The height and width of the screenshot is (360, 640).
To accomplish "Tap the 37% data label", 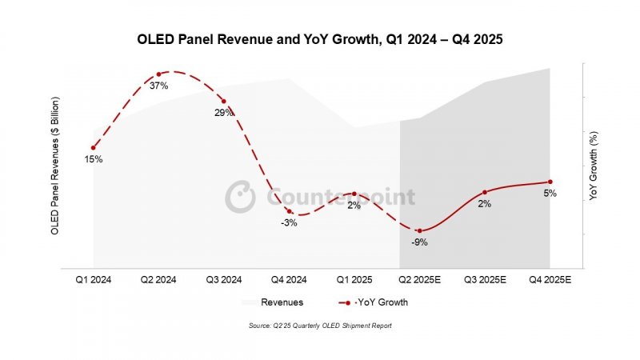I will pos(159,86).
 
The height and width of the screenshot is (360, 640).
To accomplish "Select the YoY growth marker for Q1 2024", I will pos(94,147).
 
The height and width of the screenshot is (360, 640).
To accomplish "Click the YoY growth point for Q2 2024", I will pos(158,74).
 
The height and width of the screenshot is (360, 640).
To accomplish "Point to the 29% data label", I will pos(224,113).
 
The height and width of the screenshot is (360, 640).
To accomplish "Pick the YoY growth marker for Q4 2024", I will pos(290,211).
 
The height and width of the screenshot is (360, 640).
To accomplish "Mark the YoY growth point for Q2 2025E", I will pos(418,230).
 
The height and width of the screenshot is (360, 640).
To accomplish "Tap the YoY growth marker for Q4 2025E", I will pos(550,182).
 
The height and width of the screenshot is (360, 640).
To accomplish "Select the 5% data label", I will pos(550,194).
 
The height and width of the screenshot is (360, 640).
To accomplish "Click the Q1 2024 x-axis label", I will pos(94,279).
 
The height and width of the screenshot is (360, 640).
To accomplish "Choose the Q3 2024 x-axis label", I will pos(225,279).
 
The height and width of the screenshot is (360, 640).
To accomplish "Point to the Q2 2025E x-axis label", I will pos(420,279).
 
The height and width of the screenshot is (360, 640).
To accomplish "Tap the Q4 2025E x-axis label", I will pos(550,279).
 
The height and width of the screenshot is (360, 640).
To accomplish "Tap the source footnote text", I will pos(320,326).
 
